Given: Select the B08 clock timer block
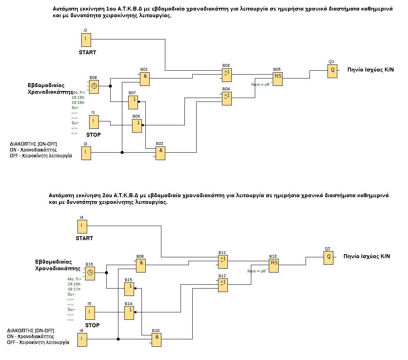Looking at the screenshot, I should [x=93, y=87].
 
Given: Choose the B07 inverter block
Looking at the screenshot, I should [x=133, y=102].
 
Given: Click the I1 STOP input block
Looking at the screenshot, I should [x=93, y=122].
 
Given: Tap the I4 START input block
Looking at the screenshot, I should [x=82, y=226].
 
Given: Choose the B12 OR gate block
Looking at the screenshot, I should [x=223, y=285].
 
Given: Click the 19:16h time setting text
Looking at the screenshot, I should [x=74, y=284].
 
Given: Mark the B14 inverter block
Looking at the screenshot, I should [x=129, y=312].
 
